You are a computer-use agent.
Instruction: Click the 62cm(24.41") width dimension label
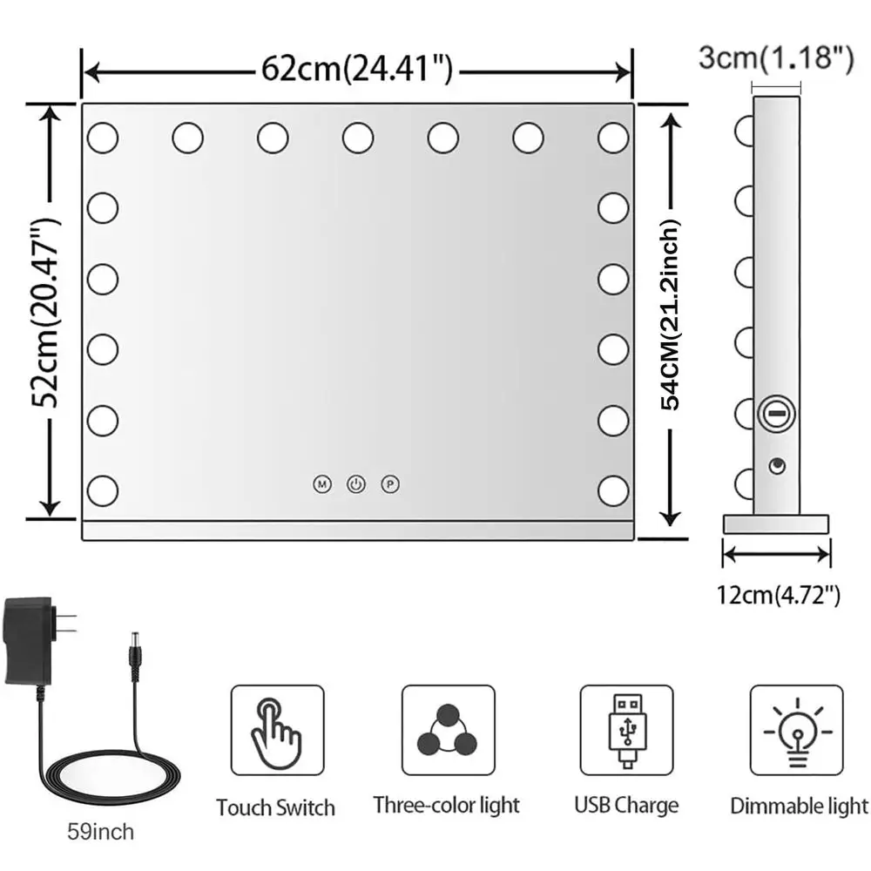point(357,69)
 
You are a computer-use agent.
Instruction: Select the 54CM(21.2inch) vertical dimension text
point(672,314)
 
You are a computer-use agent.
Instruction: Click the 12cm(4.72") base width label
point(778,596)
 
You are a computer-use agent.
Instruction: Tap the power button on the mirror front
point(355,483)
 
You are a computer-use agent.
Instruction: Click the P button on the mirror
point(388,483)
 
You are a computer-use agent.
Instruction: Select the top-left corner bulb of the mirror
point(102,137)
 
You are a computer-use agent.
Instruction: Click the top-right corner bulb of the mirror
point(613,137)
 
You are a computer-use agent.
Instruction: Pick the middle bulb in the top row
point(357,137)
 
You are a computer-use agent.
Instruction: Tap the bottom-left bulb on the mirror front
point(102,489)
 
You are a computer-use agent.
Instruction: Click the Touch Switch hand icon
point(277,730)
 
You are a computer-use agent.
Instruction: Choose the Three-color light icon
point(448,730)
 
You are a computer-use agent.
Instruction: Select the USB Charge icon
point(626,730)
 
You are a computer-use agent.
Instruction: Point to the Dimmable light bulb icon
point(796,730)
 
